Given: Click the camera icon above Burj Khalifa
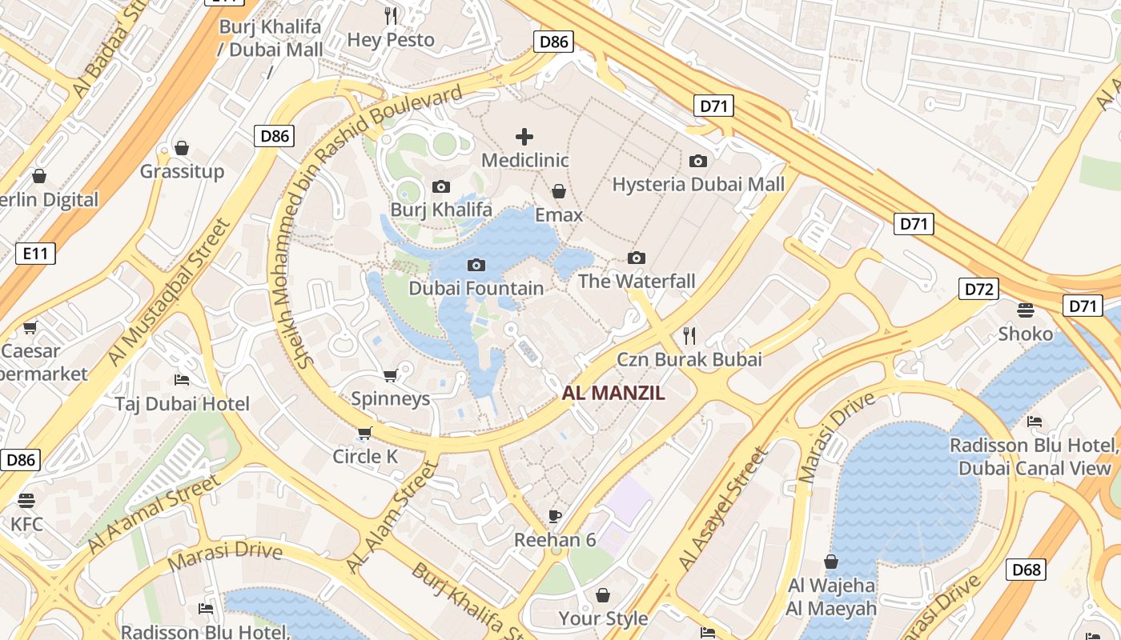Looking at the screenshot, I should (x=440, y=187).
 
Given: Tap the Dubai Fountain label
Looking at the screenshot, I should (x=476, y=288).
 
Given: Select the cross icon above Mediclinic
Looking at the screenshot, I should (x=524, y=137).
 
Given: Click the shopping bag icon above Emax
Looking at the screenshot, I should (x=559, y=191).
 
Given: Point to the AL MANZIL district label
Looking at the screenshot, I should (x=614, y=393).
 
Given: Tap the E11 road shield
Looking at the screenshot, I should (x=36, y=254).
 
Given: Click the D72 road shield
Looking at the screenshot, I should (x=978, y=289).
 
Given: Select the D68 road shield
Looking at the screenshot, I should (x=1026, y=570).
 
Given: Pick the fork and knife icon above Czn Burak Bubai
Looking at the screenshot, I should (x=689, y=335).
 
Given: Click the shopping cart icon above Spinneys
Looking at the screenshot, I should (x=391, y=375).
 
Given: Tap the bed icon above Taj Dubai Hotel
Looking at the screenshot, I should (x=182, y=379).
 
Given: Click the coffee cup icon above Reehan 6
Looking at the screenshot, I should (x=555, y=516).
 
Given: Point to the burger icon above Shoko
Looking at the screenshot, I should (x=1026, y=310).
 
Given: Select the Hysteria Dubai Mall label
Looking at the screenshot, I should (x=698, y=185).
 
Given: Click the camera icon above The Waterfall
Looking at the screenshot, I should (x=637, y=258).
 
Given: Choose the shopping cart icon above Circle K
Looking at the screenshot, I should (x=365, y=433).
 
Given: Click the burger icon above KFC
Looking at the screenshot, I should (x=26, y=501).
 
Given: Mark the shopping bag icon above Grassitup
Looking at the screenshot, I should (x=182, y=148).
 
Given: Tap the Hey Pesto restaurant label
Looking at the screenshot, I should (x=391, y=39).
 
